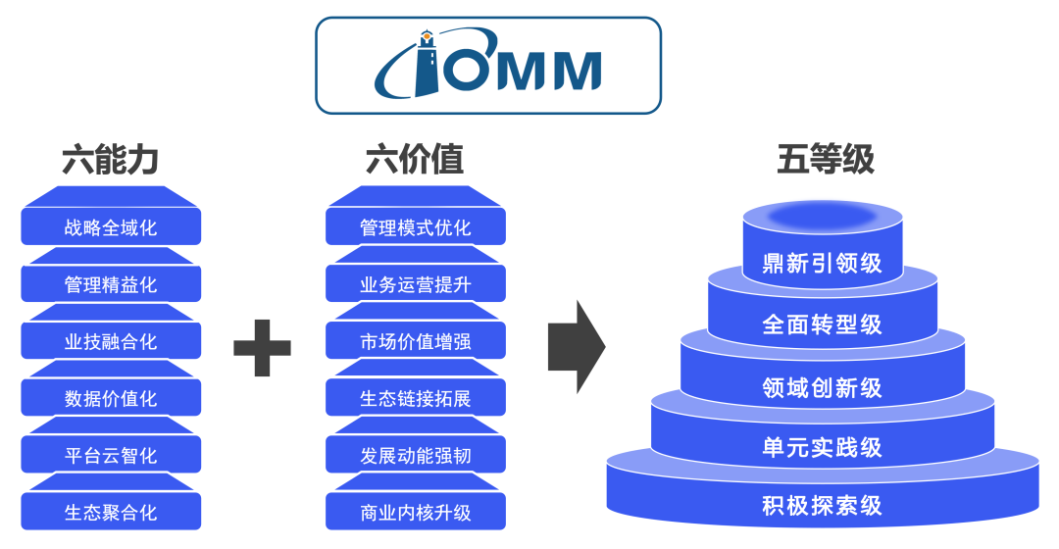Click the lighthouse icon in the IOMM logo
tap(428, 65)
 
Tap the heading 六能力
tap(110, 160)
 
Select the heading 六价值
tap(415, 160)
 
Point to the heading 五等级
tap(825, 160)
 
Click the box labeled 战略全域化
tap(111, 227)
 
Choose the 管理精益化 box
tap(111, 284)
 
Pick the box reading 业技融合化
tap(111, 341)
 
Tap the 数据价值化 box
tap(111, 398)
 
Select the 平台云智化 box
tap(111, 455)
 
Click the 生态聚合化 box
tap(111, 512)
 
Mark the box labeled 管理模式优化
tap(416, 227)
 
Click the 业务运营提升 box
tap(416, 284)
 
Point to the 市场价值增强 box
tap(416, 341)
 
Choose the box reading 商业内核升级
tap(416, 512)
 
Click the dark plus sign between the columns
tap(262, 346)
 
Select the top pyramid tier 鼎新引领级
tap(822, 263)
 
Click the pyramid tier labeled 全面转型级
tap(822, 324)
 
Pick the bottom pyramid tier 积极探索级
tap(822, 506)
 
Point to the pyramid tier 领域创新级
tap(822, 387)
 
